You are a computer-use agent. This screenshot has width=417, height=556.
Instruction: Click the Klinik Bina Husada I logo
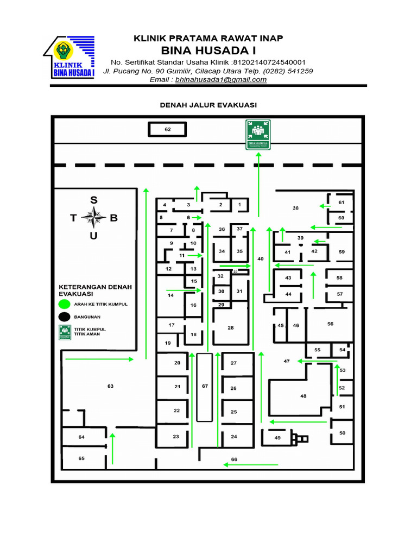[x=69, y=57]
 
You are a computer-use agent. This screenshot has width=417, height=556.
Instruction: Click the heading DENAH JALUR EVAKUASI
[x=208, y=105]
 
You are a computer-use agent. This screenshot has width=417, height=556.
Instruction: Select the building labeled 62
[x=168, y=130]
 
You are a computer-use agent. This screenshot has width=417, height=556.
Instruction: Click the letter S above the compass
[x=94, y=200]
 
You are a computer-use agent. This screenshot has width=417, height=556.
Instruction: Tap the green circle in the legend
[x=65, y=304]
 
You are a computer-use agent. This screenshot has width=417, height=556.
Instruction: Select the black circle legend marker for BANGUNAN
[x=65, y=317]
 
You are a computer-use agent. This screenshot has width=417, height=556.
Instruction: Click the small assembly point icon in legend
[x=65, y=332]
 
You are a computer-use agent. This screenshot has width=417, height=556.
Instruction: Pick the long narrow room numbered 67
[x=204, y=387]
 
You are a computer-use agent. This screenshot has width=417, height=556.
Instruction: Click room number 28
[x=231, y=327]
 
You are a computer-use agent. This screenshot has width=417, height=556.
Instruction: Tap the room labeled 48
[x=303, y=396]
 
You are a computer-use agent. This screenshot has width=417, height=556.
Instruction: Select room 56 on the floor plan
[x=330, y=324]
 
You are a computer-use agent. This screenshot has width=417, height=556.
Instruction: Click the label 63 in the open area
[x=110, y=387]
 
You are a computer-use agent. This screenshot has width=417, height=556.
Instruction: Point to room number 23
[x=176, y=437]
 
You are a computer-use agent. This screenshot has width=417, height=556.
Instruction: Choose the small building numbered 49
[x=277, y=438]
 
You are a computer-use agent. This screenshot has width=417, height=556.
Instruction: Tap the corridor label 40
[x=261, y=259]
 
